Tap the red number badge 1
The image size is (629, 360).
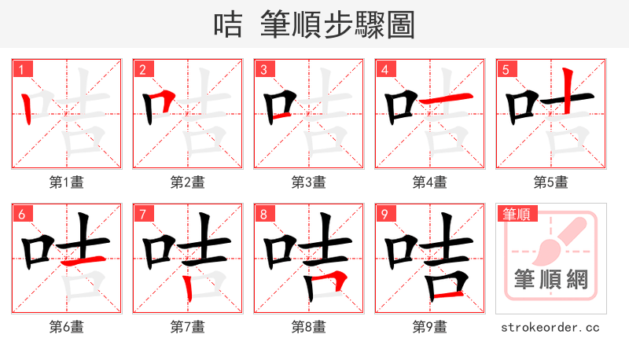pyautogui.click(x=20, y=69)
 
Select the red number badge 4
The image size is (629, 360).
pyautogui.click(x=384, y=69)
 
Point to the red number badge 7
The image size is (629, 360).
pyautogui.click(x=142, y=214)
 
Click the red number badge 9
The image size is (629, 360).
pyautogui.click(x=384, y=214)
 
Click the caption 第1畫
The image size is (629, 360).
pyautogui.click(x=66, y=182)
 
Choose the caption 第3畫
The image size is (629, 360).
pyautogui.click(x=308, y=182)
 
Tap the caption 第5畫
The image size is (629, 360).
pyautogui.click(x=550, y=182)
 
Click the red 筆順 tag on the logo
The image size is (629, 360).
pyautogui.click(x=517, y=214)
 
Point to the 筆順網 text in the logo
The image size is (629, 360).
pyautogui.click(x=550, y=280)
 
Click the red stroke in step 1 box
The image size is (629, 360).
pyautogui.click(x=28, y=108)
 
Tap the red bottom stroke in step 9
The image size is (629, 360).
pyautogui.click(x=447, y=294)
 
